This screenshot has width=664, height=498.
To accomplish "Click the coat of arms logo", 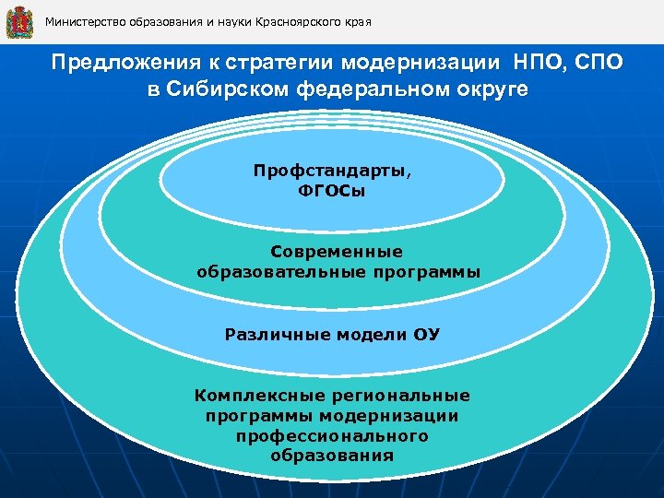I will coord(19,21).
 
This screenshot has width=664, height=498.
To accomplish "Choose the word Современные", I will coord(338,251).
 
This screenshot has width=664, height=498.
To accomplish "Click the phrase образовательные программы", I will coord(338,272).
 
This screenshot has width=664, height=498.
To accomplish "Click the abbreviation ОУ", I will coord(427,334).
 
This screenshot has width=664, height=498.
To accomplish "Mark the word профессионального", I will coord(332,435).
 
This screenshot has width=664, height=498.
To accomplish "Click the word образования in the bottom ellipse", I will coord(332,456).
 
